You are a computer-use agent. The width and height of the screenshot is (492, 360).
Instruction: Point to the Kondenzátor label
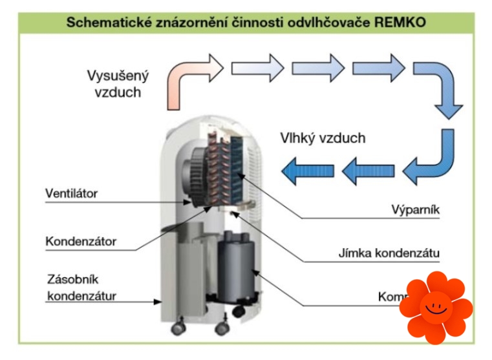(81, 242)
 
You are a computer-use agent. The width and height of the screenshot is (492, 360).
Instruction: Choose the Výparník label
(414, 209)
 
